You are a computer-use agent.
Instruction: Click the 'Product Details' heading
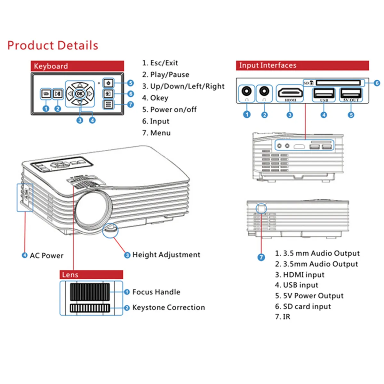pos(52,45)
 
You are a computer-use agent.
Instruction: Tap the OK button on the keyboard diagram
pos(80,94)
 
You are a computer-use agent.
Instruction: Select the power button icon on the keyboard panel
pos(108,83)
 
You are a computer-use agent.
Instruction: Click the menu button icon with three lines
pos(108,104)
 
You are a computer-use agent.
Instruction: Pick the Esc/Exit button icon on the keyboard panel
pos(46,94)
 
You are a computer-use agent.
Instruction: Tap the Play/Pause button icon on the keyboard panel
pos(58,94)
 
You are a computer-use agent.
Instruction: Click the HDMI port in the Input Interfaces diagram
pos(290,93)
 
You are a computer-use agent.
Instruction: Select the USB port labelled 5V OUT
pos(351,93)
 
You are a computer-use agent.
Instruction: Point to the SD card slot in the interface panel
pos(338,83)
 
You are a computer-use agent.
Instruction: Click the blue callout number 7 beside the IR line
pos(261,257)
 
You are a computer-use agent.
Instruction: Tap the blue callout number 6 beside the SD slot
pos(377,83)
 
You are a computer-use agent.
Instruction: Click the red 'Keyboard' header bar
pos(77,66)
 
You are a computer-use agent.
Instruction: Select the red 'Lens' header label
pos(91,275)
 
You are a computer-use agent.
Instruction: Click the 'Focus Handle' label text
pos(156,292)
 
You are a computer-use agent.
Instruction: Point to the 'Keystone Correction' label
pos(169,307)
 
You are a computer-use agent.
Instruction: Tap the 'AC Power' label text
pos(47,256)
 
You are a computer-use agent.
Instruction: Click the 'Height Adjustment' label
pos(166,255)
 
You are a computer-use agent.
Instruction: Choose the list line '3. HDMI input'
pos(300,275)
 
